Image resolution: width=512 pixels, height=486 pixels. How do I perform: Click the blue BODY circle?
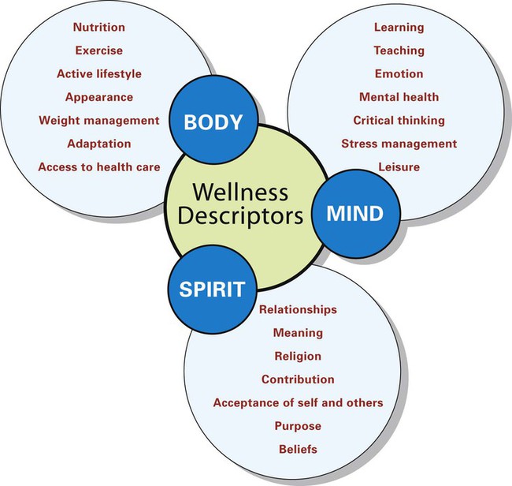(213, 122)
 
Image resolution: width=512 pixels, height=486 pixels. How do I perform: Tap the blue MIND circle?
(355, 213)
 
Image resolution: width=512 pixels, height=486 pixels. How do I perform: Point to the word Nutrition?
(98, 27)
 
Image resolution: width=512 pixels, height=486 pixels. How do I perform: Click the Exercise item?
(98, 50)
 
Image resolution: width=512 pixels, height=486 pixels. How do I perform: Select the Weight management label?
(98, 121)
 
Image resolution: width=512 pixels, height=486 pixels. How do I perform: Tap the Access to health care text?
(98, 167)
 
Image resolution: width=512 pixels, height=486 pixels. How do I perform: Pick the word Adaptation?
(98, 144)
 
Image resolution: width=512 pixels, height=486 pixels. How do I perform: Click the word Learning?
(399, 27)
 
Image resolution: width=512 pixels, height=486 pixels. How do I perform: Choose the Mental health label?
(399, 97)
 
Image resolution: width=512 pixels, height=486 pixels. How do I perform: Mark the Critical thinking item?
(399, 121)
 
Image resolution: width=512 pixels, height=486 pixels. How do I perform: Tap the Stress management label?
(399, 144)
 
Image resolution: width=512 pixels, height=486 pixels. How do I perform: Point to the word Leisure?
(399, 167)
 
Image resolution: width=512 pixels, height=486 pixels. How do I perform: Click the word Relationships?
(298, 309)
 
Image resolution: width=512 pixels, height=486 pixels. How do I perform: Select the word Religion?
(298, 356)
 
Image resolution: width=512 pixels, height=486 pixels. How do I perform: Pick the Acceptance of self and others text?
(298, 402)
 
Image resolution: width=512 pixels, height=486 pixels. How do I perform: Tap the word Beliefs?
(298, 450)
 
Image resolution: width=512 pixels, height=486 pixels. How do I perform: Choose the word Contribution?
(298, 379)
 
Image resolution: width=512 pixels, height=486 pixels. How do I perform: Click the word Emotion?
(399, 73)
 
